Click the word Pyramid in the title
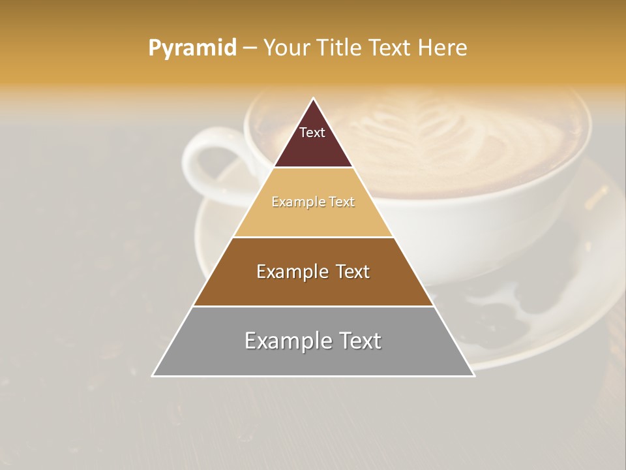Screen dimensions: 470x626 tap(192, 48)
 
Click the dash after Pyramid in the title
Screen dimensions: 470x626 tap(249, 48)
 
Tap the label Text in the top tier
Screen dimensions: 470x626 tap(312, 133)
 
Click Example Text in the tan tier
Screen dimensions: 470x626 tap(313, 202)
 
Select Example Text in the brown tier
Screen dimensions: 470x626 tap(313, 272)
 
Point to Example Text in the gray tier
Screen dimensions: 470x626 tap(313, 341)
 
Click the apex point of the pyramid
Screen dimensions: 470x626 tap(313, 99)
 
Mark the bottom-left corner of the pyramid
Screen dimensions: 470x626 tap(153, 376)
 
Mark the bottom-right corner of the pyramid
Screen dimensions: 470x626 tap(473, 376)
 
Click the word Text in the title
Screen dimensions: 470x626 tap(391, 48)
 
